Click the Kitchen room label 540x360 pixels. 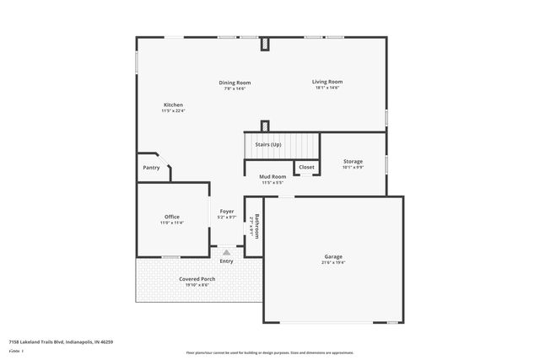coord(173,105)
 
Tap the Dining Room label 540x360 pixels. coord(235,83)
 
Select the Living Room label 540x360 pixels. coord(327,82)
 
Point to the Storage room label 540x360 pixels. coord(353,161)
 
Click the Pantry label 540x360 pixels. coord(151,168)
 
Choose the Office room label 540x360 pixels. coord(171,217)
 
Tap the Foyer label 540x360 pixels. coord(227,211)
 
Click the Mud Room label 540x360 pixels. coord(273,177)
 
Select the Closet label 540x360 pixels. coord(306,167)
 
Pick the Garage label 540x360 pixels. coord(333,256)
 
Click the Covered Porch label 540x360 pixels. coord(197,279)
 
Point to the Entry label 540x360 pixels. coord(226,261)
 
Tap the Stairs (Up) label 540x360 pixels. coord(269,145)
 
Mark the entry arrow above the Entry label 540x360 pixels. coord(226,251)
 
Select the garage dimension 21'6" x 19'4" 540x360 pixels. coord(333,262)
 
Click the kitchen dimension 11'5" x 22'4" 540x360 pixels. coord(173,110)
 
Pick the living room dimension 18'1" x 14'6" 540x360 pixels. coord(327,88)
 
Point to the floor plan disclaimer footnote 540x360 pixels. coord(269,352)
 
